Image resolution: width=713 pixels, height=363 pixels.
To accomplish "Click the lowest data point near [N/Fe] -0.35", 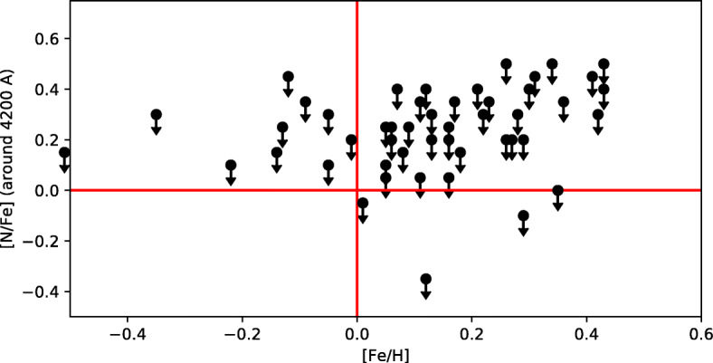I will pyautogui.click(x=426, y=279).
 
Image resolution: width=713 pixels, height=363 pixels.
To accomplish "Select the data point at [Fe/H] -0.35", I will pyautogui.click(x=156, y=115).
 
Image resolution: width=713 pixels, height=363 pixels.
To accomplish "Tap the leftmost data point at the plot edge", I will pyautogui.click(x=64, y=153).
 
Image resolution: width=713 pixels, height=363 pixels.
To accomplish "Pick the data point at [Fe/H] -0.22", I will pyautogui.click(x=231, y=166).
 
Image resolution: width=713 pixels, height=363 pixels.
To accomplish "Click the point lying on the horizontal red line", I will pyautogui.click(x=557, y=190).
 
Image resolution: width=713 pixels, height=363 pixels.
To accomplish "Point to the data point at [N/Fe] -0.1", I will pyautogui.click(x=523, y=215).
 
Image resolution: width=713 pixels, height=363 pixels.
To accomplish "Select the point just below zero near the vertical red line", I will pyautogui.click(x=363, y=203).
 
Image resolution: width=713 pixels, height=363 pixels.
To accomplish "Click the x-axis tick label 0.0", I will pyautogui.click(x=357, y=331).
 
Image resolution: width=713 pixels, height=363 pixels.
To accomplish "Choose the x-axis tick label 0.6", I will pyautogui.click(x=701, y=331).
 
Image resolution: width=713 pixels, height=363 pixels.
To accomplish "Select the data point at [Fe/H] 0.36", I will pyautogui.click(x=564, y=102).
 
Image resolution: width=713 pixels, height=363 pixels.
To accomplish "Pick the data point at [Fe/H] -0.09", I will pyautogui.click(x=305, y=102).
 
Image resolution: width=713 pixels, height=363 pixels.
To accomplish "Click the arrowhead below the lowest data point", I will pyautogui.click(x=426, y=293).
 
